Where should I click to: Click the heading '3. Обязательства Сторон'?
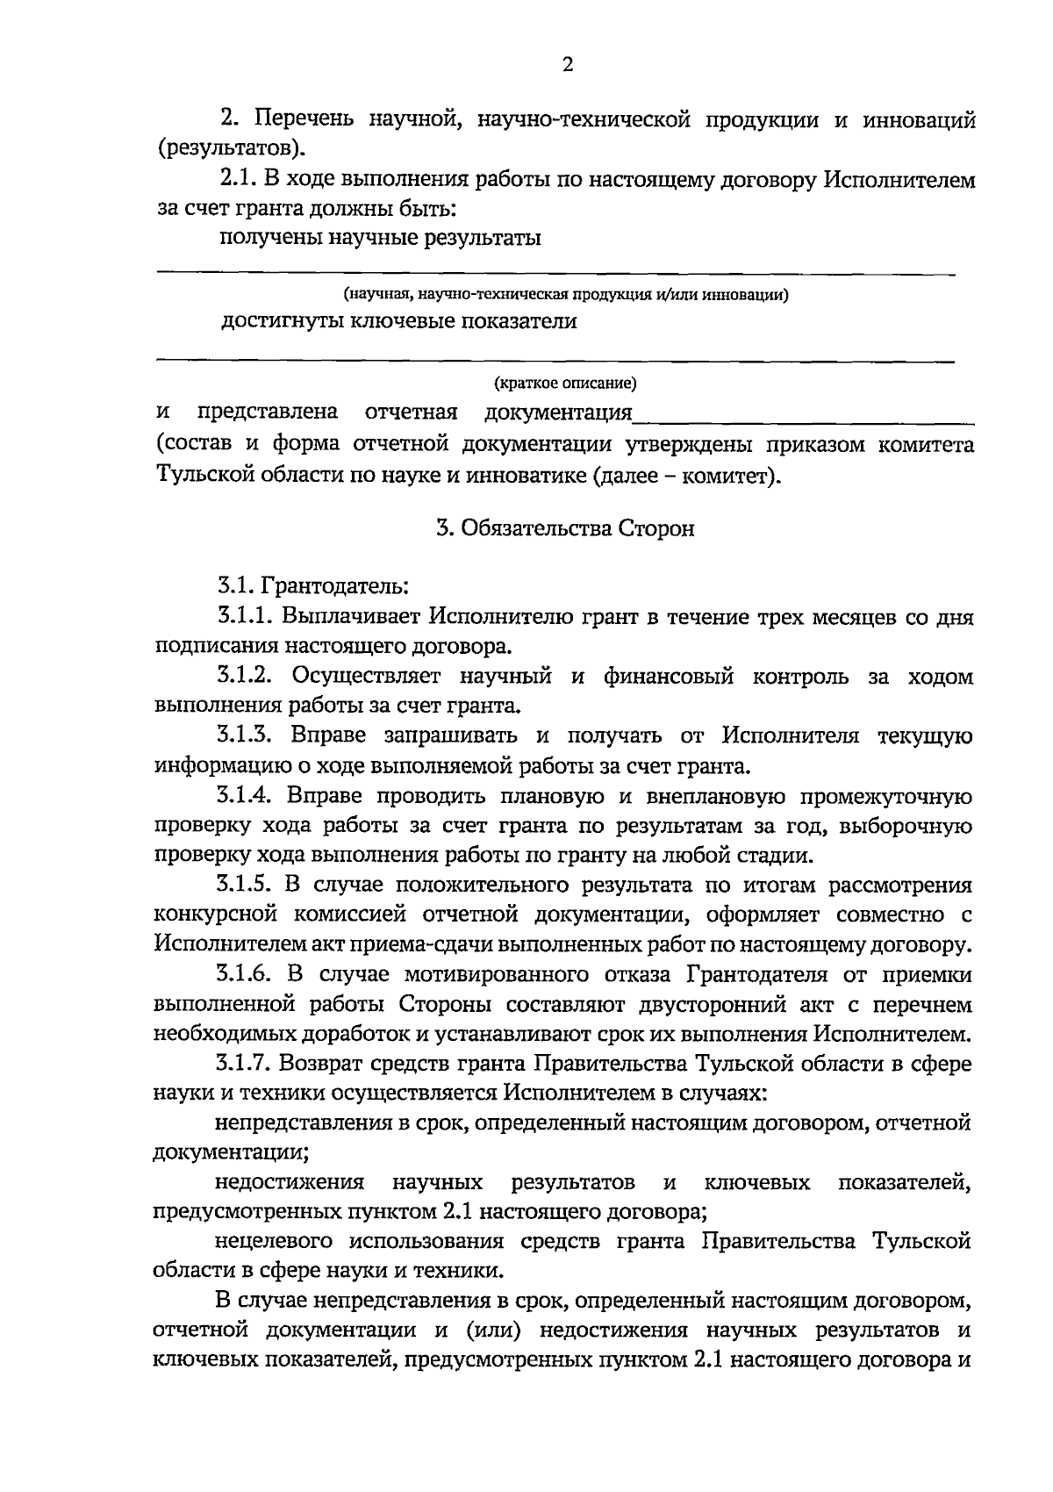(x=566, y=529)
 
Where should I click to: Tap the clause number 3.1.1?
(x=246, y=617)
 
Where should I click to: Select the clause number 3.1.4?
(x=246, y=797)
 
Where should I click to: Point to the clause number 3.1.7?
(x=246, y=1065)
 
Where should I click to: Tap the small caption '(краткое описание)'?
(x=565, y=384)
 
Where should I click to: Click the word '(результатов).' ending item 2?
(x=232, y=147)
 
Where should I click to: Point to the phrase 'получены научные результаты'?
(x=379, y=238)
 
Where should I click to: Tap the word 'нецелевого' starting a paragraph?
(x=272, y=1242)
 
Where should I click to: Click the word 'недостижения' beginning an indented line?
(x=290, y=1183)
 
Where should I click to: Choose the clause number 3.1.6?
(x=246, y=975)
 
